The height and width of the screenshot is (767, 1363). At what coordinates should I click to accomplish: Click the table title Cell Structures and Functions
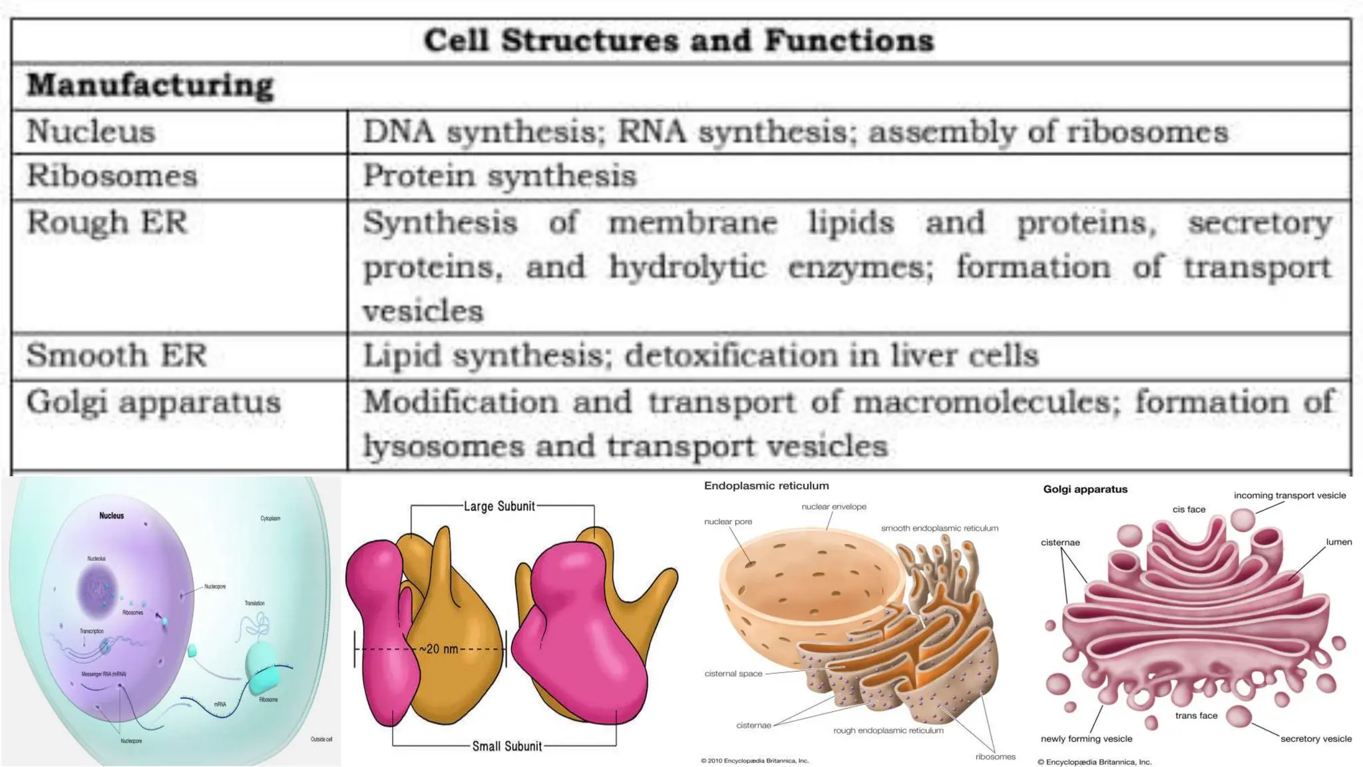pyautogui.click(x=679, y=41)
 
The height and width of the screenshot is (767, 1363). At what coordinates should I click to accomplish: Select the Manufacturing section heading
pyautogui.click(x=150, y=86)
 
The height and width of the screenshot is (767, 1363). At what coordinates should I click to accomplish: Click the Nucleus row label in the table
pyautogui.click(x=91, y=131)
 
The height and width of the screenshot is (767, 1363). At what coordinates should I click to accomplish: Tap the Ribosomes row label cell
pyautogui.click(x=112, y=176)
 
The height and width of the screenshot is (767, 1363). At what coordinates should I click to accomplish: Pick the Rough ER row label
pyautogui.click(x=106, y=222)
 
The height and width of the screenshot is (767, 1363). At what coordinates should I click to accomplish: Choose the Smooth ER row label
pyautogui.click(x=116, y=356)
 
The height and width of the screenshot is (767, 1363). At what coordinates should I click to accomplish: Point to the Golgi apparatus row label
pyautogui.click(x=153, y=402)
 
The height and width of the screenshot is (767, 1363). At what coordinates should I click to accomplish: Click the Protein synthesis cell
pyautogui.click(x=499, y=176)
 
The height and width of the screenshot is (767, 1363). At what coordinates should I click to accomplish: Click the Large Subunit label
pyautogui.click(x=499, y=507)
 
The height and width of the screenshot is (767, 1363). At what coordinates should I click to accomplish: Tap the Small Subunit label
pyautogui.click(x=507, y=746)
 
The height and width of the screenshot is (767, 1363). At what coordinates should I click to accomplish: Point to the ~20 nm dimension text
pyautogui.click(x=439, y=649)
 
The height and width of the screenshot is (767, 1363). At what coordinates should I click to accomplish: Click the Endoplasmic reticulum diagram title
pyautogui.click(x=766, y=486)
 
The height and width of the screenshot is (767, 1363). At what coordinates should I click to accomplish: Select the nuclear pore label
pyautogui.click(x=728, y=522)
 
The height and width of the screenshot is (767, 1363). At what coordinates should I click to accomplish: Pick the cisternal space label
pyautogui.click(x=733, y=674)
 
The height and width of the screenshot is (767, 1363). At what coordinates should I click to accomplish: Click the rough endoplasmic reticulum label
pyautogui.click(x=888, y=730)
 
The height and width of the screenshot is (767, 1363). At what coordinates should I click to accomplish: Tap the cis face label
pyautogui.click(x=1189, y=509)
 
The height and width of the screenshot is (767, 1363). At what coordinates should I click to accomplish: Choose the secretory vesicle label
pyautogui.click(x=1316, y=739)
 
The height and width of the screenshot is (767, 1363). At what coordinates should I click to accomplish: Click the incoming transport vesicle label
pyautogui.click(x=1290, y=495)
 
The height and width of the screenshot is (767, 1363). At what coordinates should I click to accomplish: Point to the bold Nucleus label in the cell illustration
pyautogui.click(x=111, y=516)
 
